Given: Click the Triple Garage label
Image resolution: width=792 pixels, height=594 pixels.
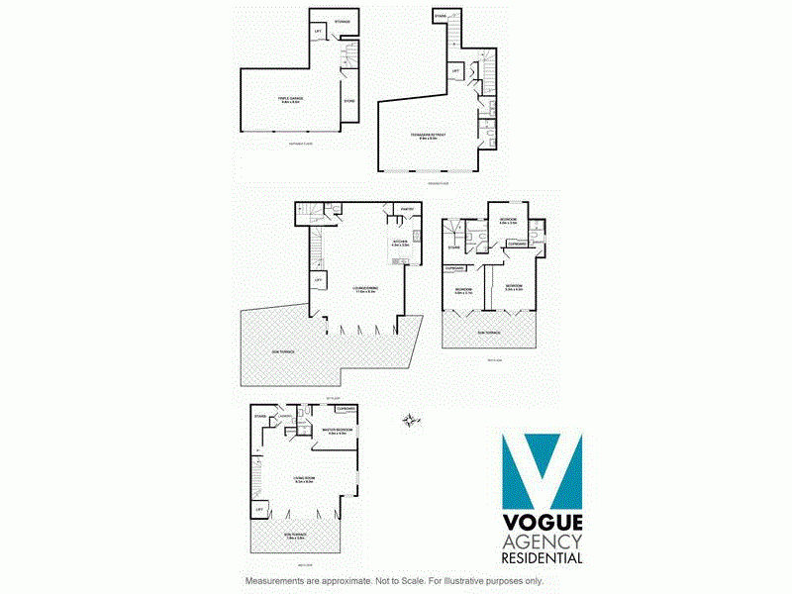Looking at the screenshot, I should [x=290, y=99].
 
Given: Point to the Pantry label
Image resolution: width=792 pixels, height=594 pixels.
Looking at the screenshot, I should [x=406, y=209].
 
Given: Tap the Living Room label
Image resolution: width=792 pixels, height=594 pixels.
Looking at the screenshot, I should [x=303, y=480].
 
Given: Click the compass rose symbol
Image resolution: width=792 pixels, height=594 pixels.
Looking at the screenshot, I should [x=408, y=422].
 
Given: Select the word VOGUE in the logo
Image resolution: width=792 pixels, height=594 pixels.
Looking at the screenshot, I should [x=543, y=523].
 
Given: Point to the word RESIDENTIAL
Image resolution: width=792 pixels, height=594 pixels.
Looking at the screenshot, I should [x=543, y=558].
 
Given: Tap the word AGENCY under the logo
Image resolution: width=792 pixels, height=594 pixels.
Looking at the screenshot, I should [x=543, y=541].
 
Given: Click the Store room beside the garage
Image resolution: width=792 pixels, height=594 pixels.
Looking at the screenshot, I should [x=348, y=101].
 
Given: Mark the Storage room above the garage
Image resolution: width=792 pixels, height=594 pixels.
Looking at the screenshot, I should [x=343, y=20].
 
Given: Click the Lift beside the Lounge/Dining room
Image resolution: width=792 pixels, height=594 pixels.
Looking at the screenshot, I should [x=319, y=280].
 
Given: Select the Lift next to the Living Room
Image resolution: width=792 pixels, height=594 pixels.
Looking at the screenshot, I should [x=259, y=509].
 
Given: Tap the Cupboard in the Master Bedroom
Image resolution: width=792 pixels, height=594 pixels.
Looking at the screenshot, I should [x=345, y=408].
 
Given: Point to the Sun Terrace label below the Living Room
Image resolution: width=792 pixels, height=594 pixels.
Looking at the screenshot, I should [x=296, y=535].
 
